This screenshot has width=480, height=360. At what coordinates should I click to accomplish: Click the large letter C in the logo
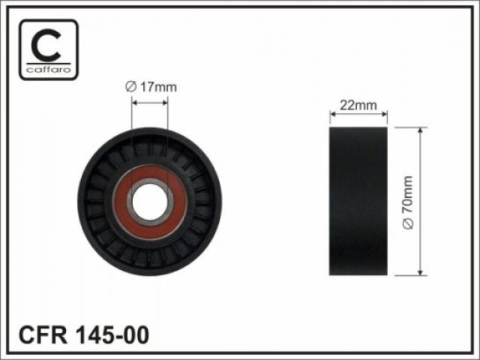(x=46, y=46)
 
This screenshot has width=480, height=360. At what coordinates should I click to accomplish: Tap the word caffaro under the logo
(x=49, y=70)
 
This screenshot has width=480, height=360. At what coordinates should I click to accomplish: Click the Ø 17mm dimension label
(x=151, y=87)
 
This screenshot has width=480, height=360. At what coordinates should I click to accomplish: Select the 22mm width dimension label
(x=358, y=105)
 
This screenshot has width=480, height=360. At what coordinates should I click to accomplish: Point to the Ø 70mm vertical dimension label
(x=408, y=202)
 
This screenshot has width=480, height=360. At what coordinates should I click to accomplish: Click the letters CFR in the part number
(x=43, y=335)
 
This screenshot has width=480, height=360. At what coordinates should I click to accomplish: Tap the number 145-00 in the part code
(x=112, y=335)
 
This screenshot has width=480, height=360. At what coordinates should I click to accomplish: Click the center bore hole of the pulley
(x=150, y=202)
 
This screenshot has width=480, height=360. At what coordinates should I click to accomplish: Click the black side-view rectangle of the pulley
(x=358, y=201)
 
